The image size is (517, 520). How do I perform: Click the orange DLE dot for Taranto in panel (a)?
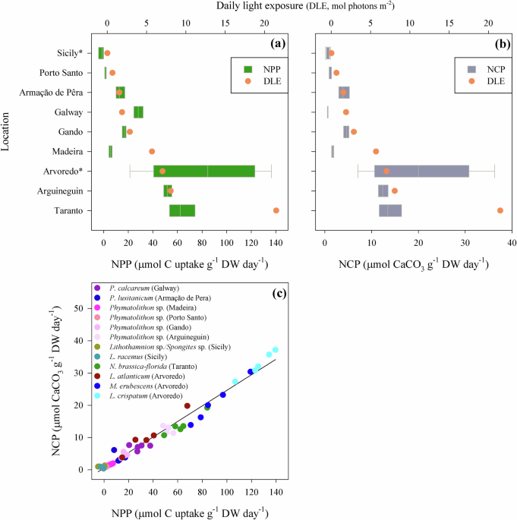point(276,210)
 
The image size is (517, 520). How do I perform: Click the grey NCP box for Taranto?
point(390,210)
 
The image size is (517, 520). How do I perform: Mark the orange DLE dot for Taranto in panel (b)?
point(500,210)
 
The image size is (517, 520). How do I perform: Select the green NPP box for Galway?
point(138,112)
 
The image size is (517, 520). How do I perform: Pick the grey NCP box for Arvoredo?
point(421,171)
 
